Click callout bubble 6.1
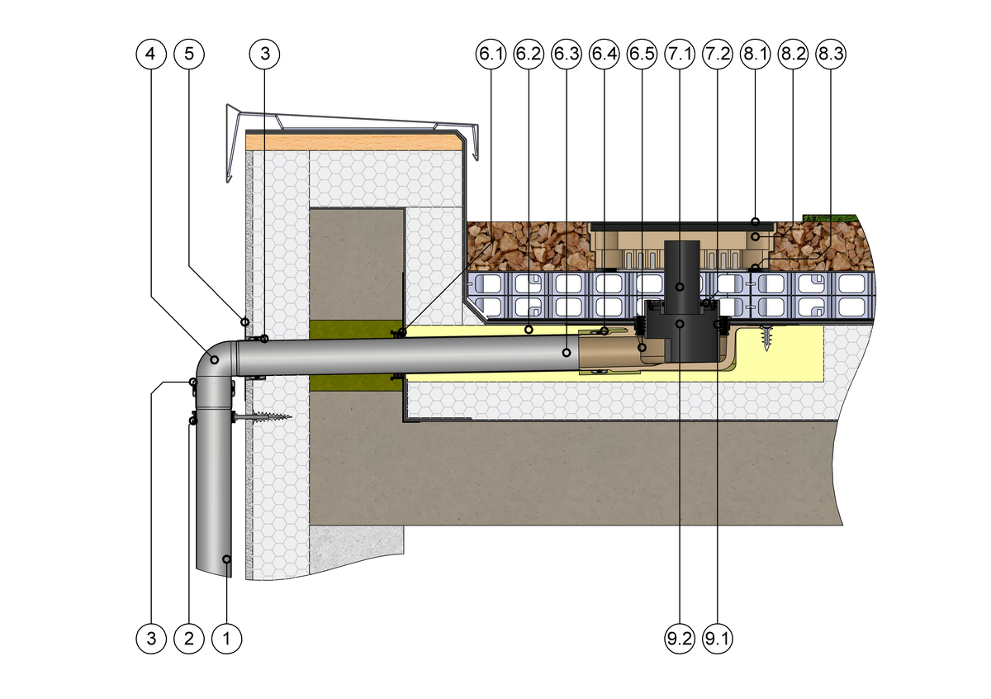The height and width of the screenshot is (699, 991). click(490, 55)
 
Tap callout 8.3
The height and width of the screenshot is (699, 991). click(830, 55)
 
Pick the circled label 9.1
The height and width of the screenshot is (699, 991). click(717, 638)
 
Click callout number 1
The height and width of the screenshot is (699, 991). click(227, 638)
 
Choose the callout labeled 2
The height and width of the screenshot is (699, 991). click(189, 638)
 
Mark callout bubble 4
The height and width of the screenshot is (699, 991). click(149, 55)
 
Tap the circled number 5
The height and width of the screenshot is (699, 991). click(189, 55)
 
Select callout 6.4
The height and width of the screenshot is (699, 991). click(605, 55)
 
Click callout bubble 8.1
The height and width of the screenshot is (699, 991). click(755, 55)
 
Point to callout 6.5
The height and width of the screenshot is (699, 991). click(642, 55)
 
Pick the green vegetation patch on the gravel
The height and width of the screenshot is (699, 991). click(830, 217)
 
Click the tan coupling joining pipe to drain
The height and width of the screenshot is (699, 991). click(607, 354)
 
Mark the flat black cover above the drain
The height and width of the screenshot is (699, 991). click(681, 225)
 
